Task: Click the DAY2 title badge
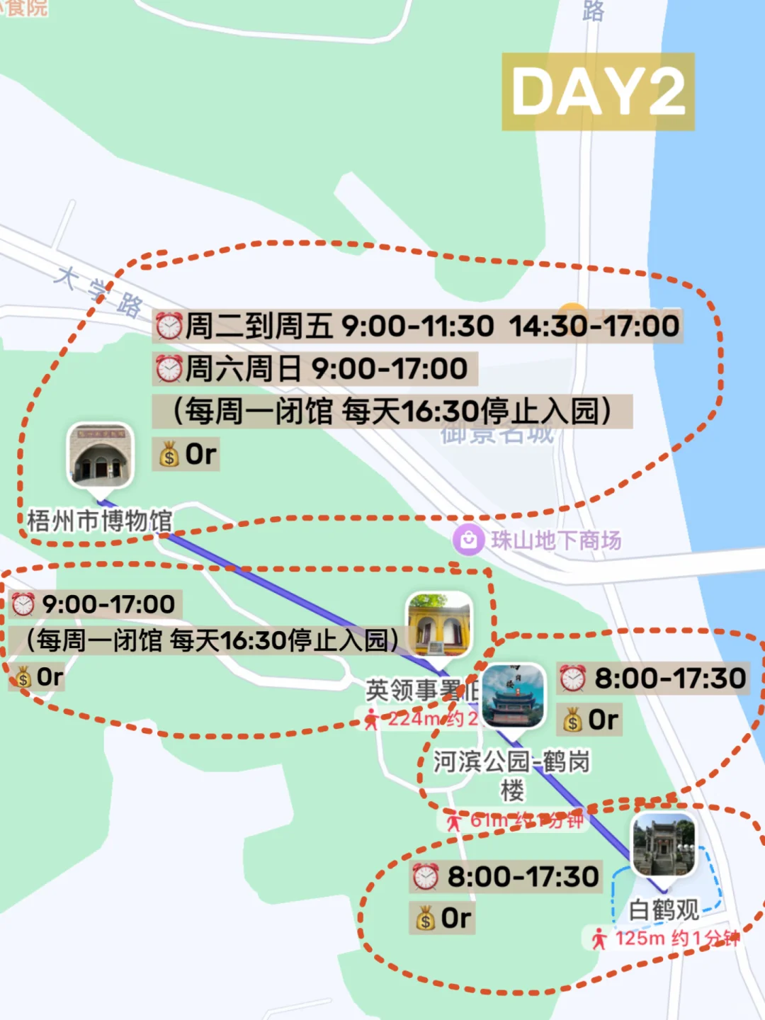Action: click(x=598, y=91)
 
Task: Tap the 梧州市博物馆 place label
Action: click(x=100, y=521)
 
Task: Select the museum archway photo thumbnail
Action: click(x=100, y=455)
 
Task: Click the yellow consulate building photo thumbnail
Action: click(x=439, y=623)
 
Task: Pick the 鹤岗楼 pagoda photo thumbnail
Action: click(x=513, y=696)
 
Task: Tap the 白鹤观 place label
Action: click(x=664, y=910)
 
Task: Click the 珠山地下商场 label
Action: click(x=556, y=541)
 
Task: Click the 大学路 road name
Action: click(x=99, y=291)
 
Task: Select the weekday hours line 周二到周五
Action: click(x=418, y=327)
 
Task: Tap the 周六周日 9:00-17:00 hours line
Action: click(x=315, y=369)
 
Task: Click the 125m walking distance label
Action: click(x=666, y=939)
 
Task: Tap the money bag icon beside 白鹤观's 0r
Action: click(x=425, y=919)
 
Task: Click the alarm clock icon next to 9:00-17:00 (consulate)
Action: click(x=23, y=604)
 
